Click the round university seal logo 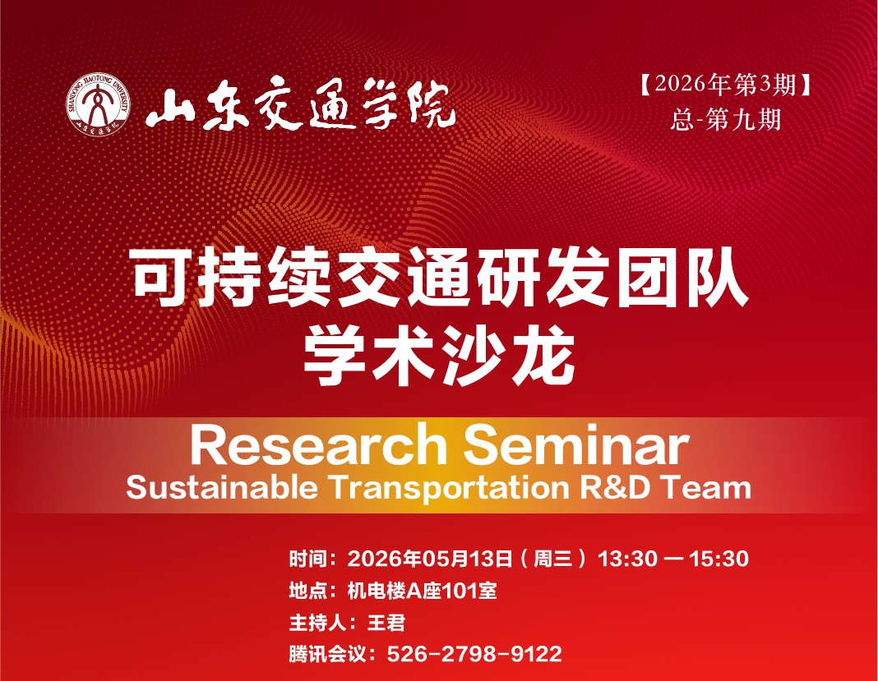99,104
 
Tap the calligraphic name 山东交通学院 300,105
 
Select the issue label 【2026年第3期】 726,85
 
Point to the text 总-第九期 726,120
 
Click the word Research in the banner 319,444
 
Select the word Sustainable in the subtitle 222,487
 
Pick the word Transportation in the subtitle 450,488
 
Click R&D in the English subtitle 616,487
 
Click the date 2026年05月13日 429,559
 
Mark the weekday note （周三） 553,559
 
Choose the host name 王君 386,622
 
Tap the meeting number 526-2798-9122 474,654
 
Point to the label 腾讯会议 326,654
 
